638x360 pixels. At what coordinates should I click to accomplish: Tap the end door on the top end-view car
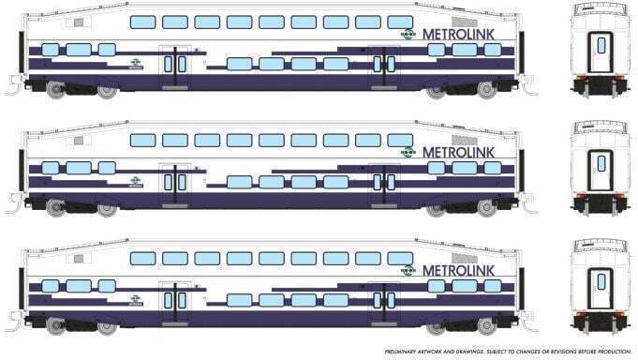(596, 51)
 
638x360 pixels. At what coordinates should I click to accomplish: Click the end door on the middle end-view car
(596, 169)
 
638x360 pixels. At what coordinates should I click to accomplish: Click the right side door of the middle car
(382, 182)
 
